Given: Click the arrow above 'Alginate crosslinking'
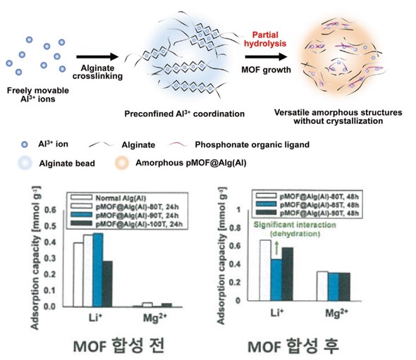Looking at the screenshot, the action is (x=97, y=57).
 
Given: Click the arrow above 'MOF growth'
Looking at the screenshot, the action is (x=266, y=57).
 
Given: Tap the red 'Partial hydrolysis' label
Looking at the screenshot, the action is (x=265, y=39).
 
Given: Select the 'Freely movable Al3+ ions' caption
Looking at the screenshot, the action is (x=38, y=94).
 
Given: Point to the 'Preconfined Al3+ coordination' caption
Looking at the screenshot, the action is (x=185, y=113).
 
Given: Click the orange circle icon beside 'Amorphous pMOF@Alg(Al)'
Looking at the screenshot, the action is (x=122, y=163).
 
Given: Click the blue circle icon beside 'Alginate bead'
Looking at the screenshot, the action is (x=25, y=163).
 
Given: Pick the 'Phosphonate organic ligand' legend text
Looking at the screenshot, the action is (x=252, y=144).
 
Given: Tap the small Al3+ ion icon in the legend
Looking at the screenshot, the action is (x=25, y=144).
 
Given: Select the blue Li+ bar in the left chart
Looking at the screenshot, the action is (x=97, y=270).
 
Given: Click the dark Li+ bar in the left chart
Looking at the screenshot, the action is (x=107, y=284).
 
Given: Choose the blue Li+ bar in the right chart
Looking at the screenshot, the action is (x=276, y=280).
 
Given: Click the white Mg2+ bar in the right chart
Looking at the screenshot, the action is (x=322, y=286).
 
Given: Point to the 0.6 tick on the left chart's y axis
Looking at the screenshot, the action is (x=50, y=210).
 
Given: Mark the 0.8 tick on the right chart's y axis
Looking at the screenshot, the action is (x=235, y=228).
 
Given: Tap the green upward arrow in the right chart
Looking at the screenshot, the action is (x=276, y=247).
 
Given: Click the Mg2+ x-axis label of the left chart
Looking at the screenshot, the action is (x=155, y=317).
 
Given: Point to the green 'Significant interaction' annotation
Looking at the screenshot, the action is (x=295, y=225).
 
